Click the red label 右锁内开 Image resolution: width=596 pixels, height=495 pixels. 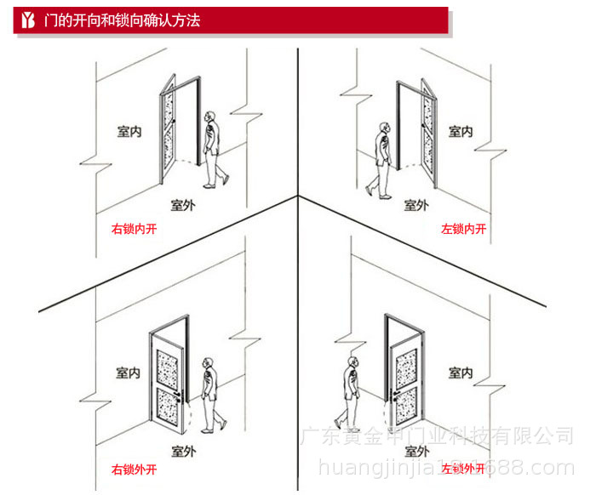(x=135, y=229)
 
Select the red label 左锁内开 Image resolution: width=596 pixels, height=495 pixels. (x=463, y=229)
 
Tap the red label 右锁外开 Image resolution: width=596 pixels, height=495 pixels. (x=135, y=469)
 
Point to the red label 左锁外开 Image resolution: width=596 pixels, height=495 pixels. (x=463, y=469)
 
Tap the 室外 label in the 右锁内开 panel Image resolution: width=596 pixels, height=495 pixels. (x=183, y=205)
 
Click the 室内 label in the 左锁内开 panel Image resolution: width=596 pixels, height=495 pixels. (x=461, y=132)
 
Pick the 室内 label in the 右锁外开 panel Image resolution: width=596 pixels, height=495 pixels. (x=130, y=373)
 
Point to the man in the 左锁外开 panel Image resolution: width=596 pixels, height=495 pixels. (x=350, y=392)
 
